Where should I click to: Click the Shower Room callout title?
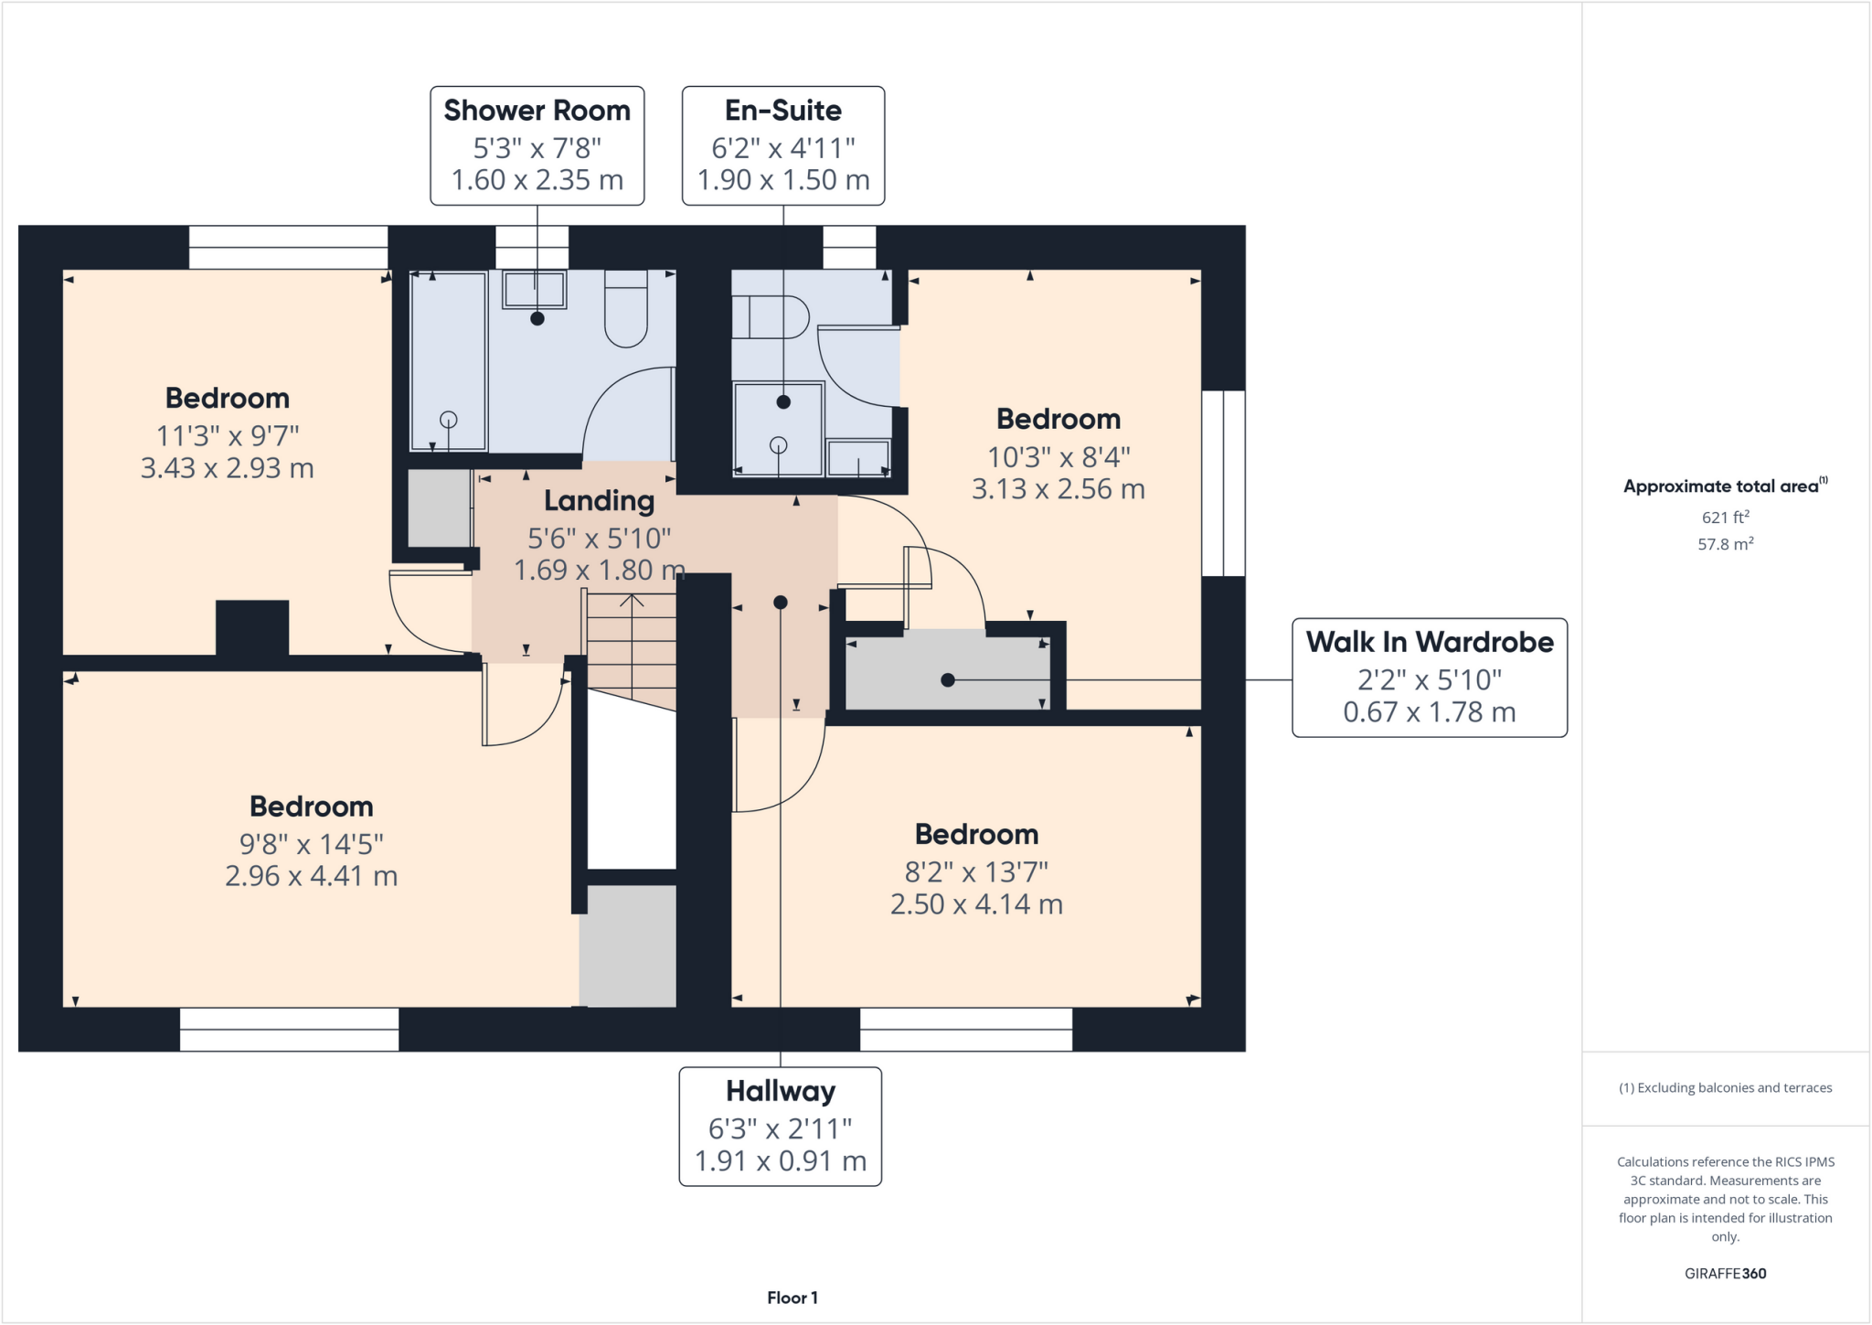click(x=537, y=111)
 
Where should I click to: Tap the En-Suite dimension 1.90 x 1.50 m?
click(x=783, y=180)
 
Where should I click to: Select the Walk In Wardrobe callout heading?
click(x=1429, y=642)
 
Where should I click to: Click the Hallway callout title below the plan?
click(x=781, y=1091)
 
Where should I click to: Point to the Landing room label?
click(x=600, y=501)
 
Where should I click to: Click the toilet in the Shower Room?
click(x=626, y=311)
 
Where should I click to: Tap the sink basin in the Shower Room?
click(x=535, y=290)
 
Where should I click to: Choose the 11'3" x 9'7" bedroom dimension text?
click(x=228, y=435)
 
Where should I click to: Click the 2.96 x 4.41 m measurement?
click(x=311, y=876)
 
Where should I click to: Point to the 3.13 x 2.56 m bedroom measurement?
click(x=1058, y=489)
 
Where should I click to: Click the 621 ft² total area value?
click(x=1725, y=518)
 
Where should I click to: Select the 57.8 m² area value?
click(x=1725, y=544)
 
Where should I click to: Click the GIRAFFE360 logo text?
click(x=1725, y=1273)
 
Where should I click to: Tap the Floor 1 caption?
click(x=792, y=1298)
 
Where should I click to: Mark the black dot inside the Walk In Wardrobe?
click(x=948, y=680)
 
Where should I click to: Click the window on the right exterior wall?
click(x=1223, y=484)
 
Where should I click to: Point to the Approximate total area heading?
click(x=1725, y=486)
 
